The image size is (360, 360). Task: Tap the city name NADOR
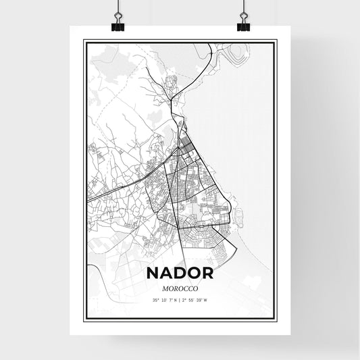pyautogui.click(x=180, y=274)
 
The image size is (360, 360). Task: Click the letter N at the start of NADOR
pyautogui.click(x=152, y=274)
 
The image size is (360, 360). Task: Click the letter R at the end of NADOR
pyautogui.click(x=207, y=274)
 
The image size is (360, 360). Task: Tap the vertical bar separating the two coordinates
pyautogui.click(x=180, y=301)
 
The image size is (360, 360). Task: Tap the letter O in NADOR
pyautogui.click(x=194, y=274)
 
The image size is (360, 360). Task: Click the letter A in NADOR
pyautogui.click(x=165, y=274)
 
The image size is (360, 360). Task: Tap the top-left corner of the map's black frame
pyautogui.click(x=84, y=41)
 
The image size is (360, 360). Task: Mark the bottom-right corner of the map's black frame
pyautogui.click(x=276, y=318)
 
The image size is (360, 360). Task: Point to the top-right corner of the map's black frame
pyautogui.click(x=276, y=41)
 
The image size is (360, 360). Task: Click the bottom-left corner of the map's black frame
pyautogui.click(x=84, y=318)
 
